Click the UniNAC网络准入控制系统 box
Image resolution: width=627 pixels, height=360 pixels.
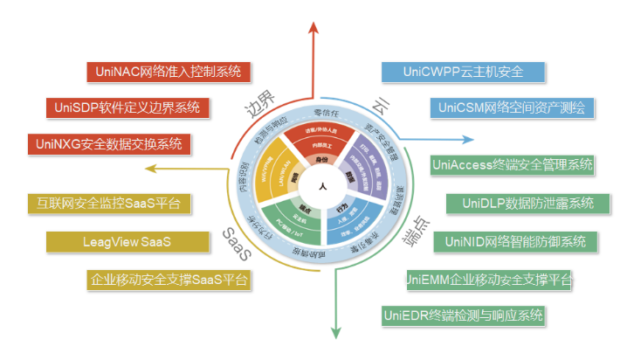point(170,72)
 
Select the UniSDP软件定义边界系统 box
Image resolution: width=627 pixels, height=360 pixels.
point(127,107)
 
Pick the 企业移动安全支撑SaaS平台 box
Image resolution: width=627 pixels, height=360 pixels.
point(171,280)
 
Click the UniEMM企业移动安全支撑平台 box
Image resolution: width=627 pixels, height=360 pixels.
point(489,280)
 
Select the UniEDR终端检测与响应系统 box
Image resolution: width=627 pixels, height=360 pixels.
point(464,315)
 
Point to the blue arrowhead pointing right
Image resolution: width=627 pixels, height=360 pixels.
point(467,137)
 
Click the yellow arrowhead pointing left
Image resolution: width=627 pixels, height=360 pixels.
point(151,170)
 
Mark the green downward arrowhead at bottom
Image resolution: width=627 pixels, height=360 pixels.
point(334,330)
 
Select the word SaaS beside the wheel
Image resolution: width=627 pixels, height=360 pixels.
point(237,245)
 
